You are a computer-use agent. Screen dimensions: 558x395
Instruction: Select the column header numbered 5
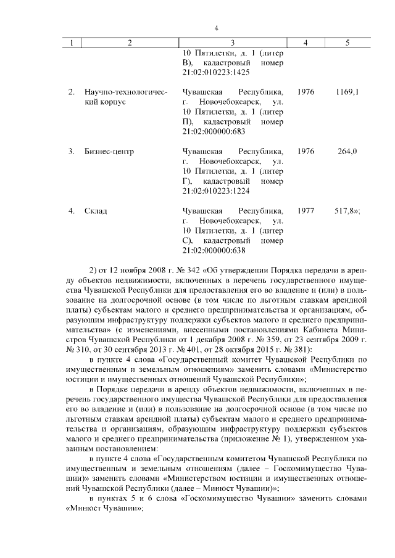click(347, 43)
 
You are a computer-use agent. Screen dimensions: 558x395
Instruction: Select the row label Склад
click(96, 211)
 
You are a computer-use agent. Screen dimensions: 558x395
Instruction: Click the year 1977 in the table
click(306, 211)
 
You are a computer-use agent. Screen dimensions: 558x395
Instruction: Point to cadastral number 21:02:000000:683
click(214, 131)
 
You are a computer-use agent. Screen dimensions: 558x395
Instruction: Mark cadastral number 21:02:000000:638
click(214, 251)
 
